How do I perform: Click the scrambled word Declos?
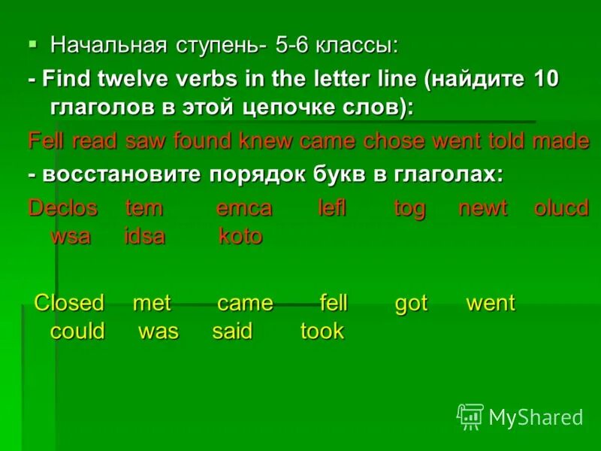63,208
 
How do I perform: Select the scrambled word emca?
243,208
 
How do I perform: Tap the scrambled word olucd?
561,208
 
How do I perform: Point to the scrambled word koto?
240,236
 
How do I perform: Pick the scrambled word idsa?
144,236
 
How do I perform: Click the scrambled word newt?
483,208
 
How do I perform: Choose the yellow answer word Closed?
69,303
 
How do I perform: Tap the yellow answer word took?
322,331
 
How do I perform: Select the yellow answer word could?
77,331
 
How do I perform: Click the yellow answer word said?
232,331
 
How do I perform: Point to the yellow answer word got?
411,303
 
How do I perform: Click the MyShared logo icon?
470,416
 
